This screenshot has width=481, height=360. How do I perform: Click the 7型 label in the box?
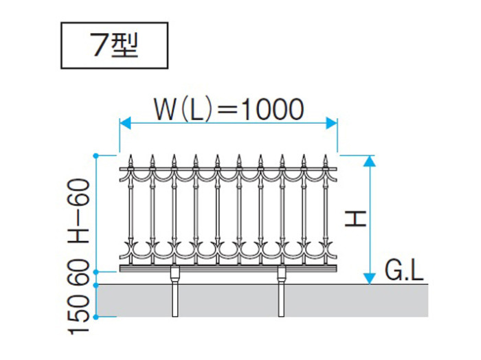pos(115,45)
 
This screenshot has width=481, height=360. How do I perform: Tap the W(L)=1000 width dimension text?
pos(229,109)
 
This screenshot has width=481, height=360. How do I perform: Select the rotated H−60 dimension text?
pos(79,211)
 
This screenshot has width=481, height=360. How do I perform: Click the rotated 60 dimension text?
pos(79,272)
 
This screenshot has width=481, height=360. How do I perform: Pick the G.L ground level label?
pos(404,271)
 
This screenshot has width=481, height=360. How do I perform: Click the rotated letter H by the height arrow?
pos(356,218)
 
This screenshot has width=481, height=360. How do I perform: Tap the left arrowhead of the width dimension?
pos(125,123)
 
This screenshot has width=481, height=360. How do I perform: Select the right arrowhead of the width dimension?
pos(332,123)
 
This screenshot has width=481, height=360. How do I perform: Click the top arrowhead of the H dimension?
pos(370,161)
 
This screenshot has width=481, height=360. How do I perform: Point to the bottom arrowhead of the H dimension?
pos(370,278)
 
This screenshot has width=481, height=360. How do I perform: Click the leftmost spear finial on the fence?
pos(131,161)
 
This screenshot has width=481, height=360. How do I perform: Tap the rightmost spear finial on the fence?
pos(326,161)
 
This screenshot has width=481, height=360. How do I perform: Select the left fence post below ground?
pos(175,300)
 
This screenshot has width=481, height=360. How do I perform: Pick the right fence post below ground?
pos(281,300)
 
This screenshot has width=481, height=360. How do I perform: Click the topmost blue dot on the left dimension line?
pos(96,156)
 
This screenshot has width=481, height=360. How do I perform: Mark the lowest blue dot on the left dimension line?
pos(96,317)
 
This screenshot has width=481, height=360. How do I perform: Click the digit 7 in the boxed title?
pos(99,45)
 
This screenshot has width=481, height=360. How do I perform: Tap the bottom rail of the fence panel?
pos(228,269)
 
